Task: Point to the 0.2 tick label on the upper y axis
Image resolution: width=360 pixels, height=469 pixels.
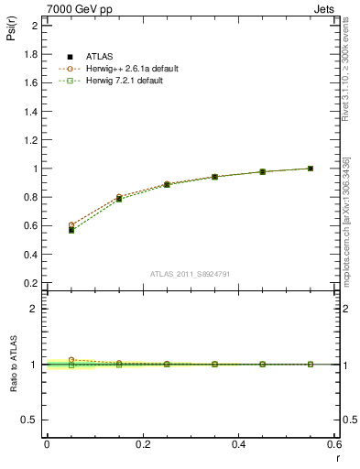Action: pyautogui.click(x=30, y=283)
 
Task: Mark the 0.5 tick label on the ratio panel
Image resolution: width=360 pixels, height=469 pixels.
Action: pyautogui.click(x=30, y=420)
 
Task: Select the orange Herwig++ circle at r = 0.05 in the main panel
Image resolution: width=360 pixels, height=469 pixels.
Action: pyautogui.click(x=71, y=224)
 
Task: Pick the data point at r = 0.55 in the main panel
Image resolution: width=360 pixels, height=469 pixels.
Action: pyautogui.click(x=311, y=169)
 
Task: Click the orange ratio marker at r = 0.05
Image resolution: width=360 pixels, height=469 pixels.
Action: pyautogui.click(x=71, y=360)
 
